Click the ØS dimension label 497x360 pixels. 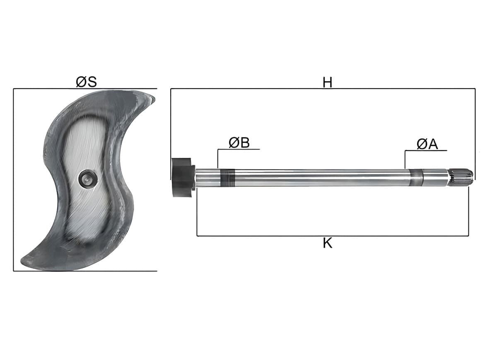[x=86, y=82]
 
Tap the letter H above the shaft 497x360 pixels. [x=327, y=83]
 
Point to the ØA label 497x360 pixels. [x=427, y=144]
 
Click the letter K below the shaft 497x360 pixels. [x=328, y=243]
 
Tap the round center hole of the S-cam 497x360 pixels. [x=88, y=180]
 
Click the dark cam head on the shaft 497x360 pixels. [x=183, y=177]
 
